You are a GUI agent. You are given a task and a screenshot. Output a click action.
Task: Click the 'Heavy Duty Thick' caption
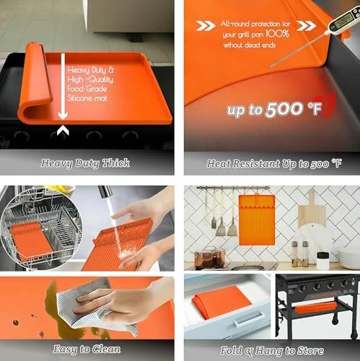click(x=85, y=163)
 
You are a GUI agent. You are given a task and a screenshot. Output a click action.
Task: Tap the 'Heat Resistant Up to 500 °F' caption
click(x=274, y=164)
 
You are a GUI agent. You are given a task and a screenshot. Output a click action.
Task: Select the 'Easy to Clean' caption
click(x=87, y=349)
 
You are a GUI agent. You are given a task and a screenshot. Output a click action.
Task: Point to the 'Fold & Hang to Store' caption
click(x=272, y=351)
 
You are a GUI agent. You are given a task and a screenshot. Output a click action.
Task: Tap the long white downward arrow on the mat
click(x=63, y=87)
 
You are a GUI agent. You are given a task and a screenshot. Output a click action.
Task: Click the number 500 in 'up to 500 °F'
click(x=284, y=110)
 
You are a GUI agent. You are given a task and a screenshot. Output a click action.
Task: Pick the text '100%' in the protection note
click(x=277, y=34)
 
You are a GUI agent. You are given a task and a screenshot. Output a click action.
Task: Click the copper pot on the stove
click(x=210, y=258)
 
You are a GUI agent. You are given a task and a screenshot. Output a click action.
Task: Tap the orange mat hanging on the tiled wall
click(x=257, y=219)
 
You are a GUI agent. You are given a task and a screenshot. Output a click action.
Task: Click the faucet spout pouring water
click(x=106, y=192)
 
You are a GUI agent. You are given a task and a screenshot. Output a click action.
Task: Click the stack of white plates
click(x=349, y=258)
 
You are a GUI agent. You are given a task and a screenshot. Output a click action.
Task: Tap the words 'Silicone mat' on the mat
click(x=87, y=98)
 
